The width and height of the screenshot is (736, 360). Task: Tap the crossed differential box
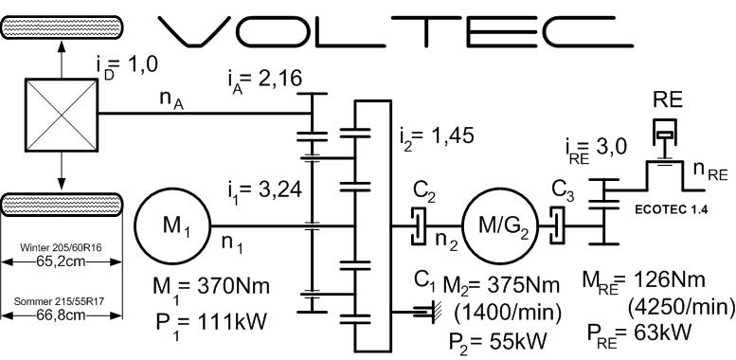[60, 114]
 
